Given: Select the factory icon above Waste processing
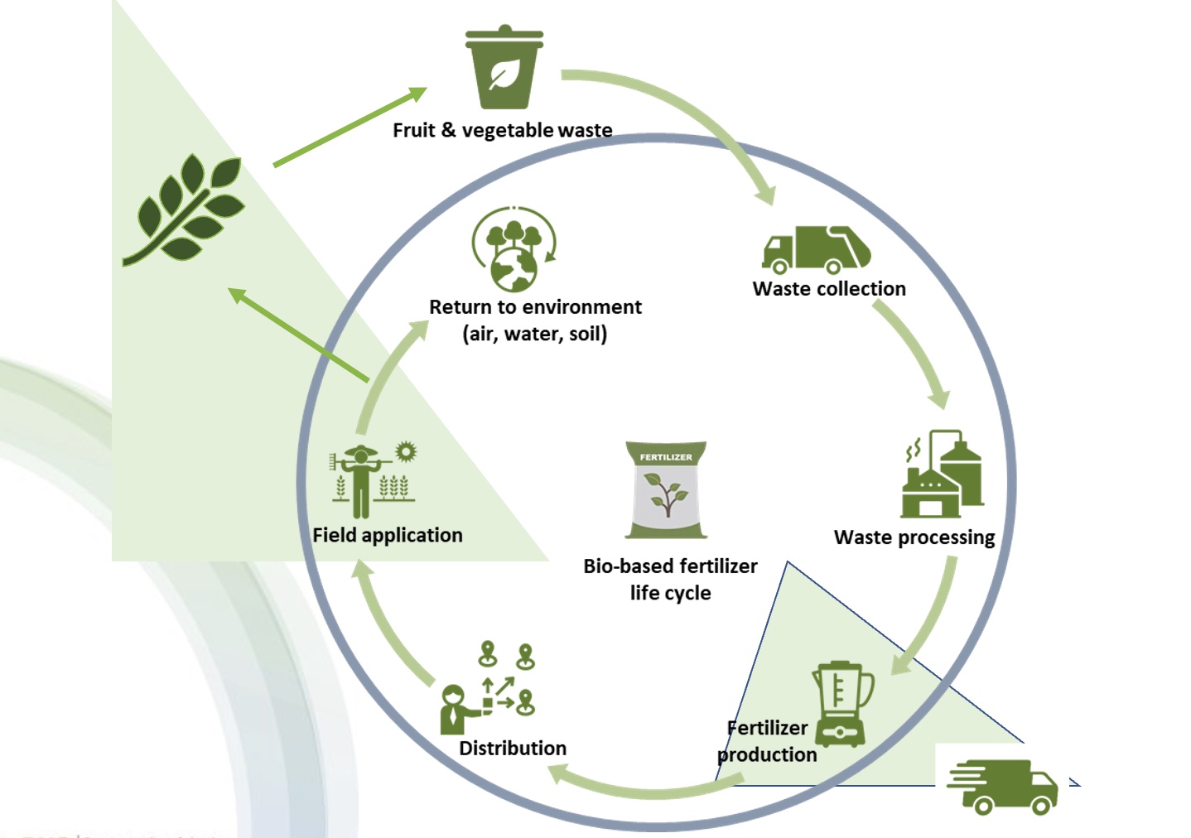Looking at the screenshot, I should (943, 475).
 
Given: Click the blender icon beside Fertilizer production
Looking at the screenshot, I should (842, 704).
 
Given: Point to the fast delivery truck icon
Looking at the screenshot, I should (1003, 786).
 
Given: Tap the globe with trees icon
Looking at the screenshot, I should (514, 249).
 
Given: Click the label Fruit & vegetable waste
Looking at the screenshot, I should (502, 130).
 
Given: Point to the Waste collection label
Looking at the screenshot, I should (829, 289).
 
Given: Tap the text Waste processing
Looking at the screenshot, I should (914, 537).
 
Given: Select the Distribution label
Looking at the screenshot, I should (513, 749).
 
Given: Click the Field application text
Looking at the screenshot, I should (388, 536).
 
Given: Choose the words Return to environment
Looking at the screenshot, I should (535, 307).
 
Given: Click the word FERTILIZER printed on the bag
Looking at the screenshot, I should (666, 457).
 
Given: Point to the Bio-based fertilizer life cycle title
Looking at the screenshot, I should (670, 579).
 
